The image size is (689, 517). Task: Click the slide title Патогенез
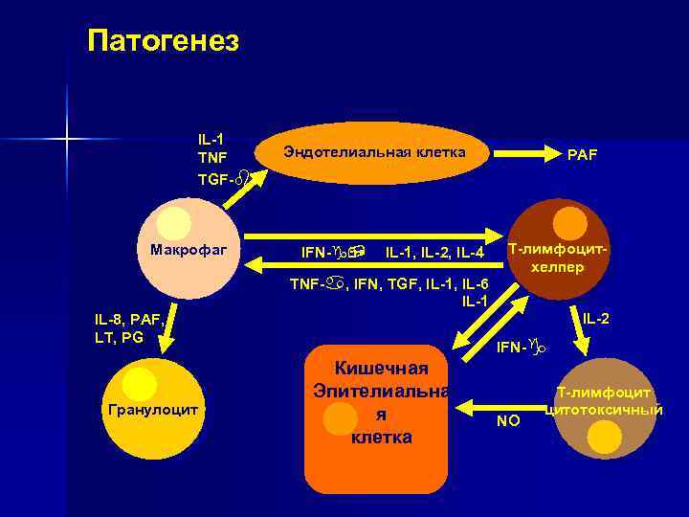(x=163, y=40)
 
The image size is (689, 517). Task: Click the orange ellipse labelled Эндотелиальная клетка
(x=374, y=152)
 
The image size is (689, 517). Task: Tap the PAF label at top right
(x=582, y=153)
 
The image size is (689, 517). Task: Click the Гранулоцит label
(x=153, y=409)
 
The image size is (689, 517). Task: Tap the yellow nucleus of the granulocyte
(x=140, y=384)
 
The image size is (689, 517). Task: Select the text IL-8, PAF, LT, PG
(x=129, y=329)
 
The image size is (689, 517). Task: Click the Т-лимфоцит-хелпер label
(x=558, y=258)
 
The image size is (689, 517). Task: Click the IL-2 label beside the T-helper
(x=596, y=317)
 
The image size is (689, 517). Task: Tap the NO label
(x=508, y=419)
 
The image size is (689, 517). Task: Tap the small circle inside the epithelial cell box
(x=341, y=418)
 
